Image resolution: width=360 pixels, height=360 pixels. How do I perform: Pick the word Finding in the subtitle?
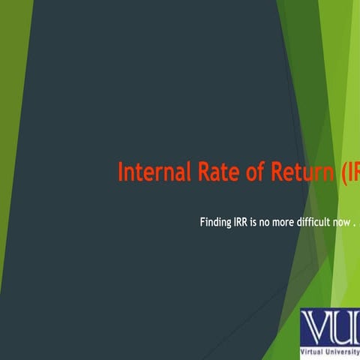point(215,222)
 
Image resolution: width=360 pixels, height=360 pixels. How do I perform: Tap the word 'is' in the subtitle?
point(255,222)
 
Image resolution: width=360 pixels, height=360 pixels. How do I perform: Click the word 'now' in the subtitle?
point(339,223)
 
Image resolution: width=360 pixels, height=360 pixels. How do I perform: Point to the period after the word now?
point(353,225)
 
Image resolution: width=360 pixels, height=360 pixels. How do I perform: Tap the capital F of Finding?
point(202,222)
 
